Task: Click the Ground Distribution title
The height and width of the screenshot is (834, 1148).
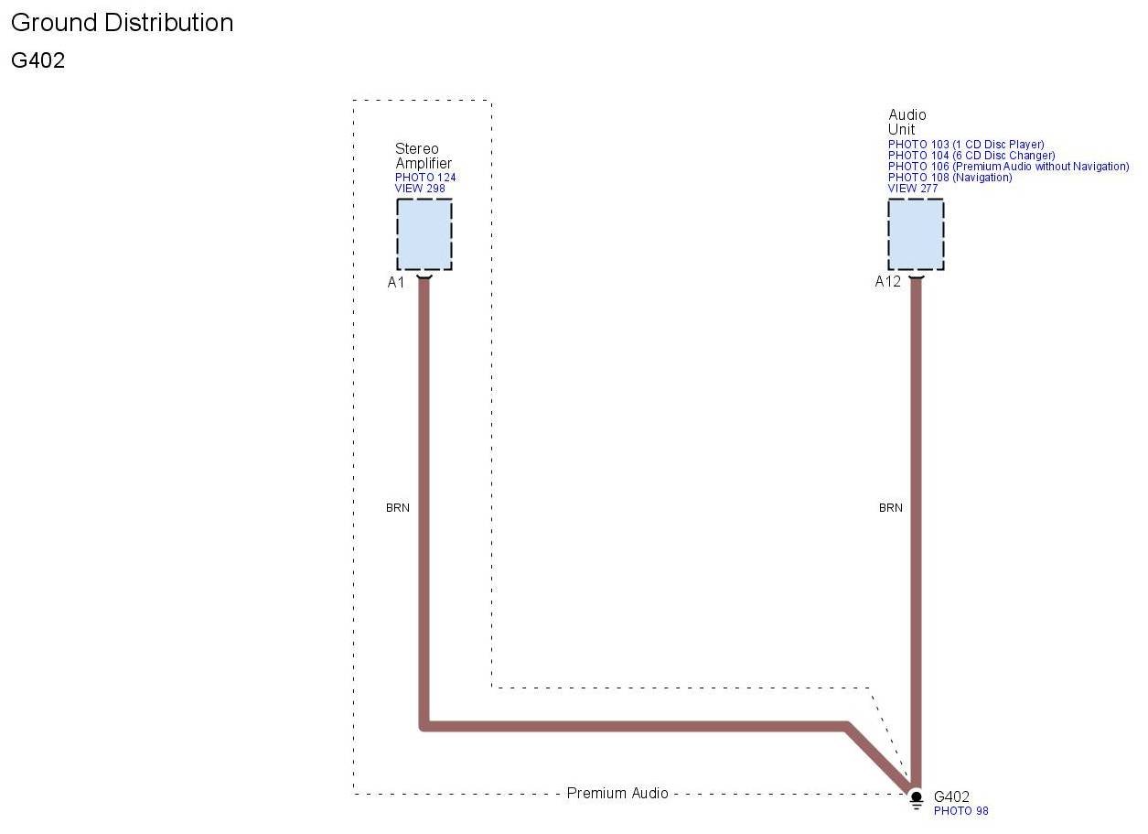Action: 122,23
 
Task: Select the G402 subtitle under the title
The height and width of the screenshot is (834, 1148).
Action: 38,61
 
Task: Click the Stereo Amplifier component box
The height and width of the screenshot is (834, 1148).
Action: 424,234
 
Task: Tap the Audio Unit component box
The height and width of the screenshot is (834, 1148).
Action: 916,234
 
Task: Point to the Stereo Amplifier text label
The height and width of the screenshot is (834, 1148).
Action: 423,156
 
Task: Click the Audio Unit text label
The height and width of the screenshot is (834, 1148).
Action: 907,122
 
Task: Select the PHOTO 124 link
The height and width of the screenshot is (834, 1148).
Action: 425,178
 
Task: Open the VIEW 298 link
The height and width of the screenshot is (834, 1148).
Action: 420,189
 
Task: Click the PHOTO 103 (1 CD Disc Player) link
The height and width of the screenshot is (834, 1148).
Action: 966,145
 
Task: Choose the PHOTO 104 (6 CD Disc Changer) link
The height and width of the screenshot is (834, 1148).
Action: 971,156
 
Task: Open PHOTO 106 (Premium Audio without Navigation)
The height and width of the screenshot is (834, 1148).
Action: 1008,167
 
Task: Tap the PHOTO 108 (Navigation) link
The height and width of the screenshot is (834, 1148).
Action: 950,178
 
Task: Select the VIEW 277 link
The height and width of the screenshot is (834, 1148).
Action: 913,189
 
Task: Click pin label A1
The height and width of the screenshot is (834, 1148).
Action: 395,282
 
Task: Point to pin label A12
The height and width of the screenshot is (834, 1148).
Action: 887,282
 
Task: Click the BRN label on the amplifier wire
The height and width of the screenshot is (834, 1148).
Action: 398,507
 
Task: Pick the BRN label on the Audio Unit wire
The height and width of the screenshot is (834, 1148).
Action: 890,507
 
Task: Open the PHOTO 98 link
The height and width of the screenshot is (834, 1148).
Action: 960,811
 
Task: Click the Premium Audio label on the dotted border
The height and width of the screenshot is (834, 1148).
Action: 617,793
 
